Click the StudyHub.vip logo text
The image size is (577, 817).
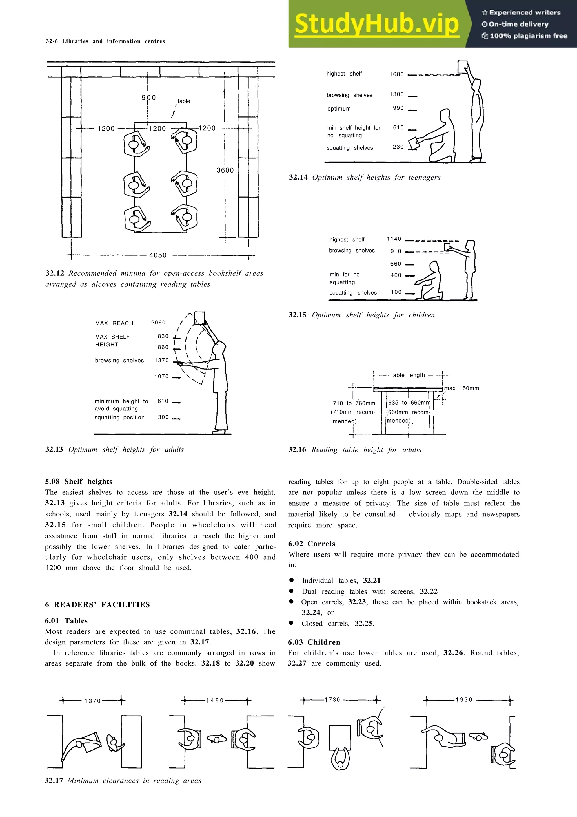click(x=376, y=24)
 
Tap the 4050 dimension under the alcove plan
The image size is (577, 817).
click(x=158, y=255)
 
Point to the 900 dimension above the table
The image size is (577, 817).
click(x=148, y=98)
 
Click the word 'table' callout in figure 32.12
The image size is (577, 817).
click(x=184, y=101)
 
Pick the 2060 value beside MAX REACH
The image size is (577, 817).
click(x=158, y=323)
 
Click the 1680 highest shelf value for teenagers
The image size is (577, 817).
click(x=396, y=74)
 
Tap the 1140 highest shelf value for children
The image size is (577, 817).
click(x=394, y=239)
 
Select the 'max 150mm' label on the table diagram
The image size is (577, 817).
click(x=462, y=388)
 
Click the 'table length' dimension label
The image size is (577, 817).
click(x=408, y=375)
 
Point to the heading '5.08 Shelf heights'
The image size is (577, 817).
click(x=79, y=482)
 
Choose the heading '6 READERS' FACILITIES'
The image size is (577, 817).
click(x=97, y=604)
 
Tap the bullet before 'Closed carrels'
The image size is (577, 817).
click(x=291, y=623)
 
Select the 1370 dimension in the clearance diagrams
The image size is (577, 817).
click(x=92, y=701)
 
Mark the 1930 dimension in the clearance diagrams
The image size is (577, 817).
click(x=464, y=699)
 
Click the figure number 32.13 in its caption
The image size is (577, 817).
click(x=54, y=449)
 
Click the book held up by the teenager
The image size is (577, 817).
click(x=462, y=67)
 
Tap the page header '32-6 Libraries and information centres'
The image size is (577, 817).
click(x=105, y=41)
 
